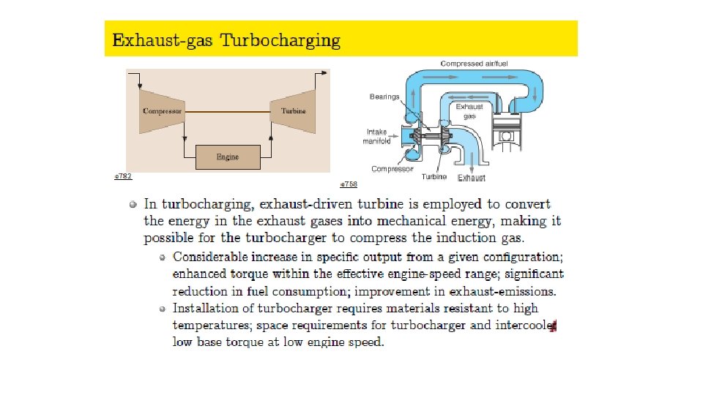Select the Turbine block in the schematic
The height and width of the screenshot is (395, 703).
294,111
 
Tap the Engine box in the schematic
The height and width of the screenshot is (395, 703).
227,157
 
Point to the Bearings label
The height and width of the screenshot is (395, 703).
384,97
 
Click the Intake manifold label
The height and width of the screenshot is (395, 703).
378,137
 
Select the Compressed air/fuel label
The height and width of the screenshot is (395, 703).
474,64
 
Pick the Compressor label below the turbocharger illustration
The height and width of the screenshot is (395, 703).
393,169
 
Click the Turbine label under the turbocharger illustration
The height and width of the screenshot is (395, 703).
434,176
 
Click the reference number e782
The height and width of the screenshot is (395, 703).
123,176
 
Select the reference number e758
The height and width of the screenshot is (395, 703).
349,184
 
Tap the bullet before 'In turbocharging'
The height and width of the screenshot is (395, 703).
132,204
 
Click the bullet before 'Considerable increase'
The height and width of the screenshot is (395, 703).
163,257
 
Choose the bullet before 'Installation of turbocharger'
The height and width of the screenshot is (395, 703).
163,308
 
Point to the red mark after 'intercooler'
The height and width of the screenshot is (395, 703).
554,326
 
